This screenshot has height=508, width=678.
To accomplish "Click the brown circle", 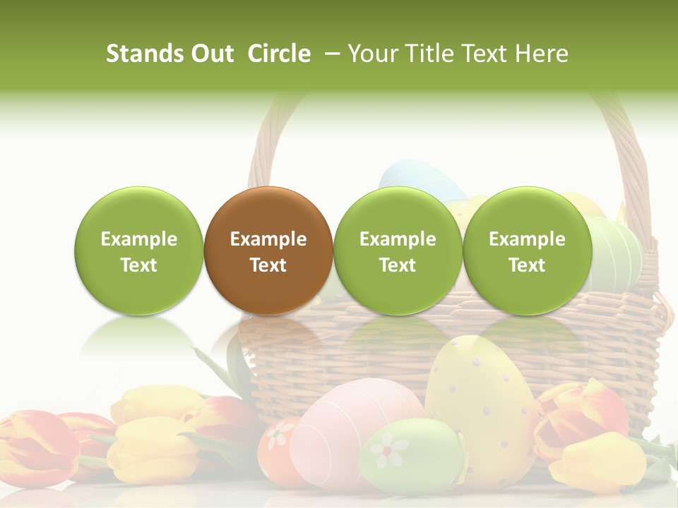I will click(x=268, y=250).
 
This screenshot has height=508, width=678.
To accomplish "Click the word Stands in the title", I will click(x=145, y=54).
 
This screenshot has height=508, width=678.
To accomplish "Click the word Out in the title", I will click(x=213, y=54).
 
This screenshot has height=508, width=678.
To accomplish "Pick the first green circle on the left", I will click(x=139, y=250).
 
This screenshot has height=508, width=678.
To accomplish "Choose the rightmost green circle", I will click(x=528, y=250).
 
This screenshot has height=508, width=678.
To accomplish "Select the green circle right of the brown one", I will click(x=398, y=250).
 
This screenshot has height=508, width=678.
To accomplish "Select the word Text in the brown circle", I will click(x=268, y=265).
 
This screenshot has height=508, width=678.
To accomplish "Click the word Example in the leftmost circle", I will click(x=139, y=239).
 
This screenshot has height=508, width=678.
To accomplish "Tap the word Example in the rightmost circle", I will click(x=528, y=239).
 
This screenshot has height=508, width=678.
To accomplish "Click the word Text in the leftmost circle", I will click(x=139, y=265).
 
